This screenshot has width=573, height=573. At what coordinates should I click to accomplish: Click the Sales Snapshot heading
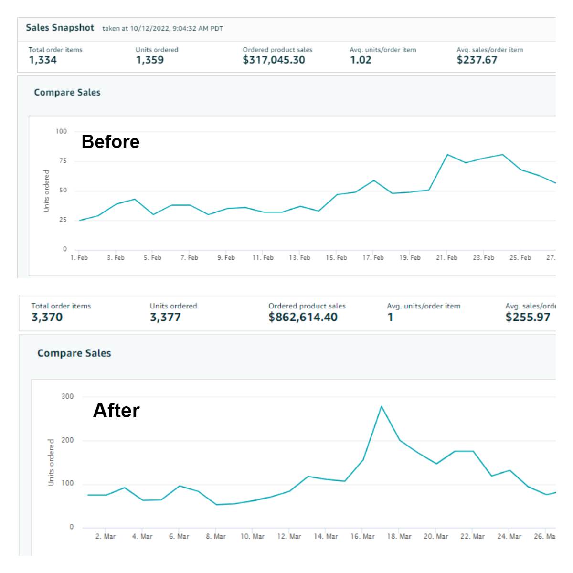pyautogui.click(x=60, y=28)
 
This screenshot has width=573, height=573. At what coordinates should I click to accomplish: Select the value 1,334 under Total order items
pyautogui.click(x=42, y=60)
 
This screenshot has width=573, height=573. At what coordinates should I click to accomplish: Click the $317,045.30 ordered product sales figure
pyautogui.click(x=274, y=60)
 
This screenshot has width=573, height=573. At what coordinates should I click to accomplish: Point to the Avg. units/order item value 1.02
pyautogui.click(x=361, y=60)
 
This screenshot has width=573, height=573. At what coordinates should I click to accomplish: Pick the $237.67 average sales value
pyautogui.click(x=477, y=60)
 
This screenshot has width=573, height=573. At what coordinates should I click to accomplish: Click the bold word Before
pyautogui.click(x=110, y=142)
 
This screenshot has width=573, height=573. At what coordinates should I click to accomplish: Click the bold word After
pyautogui.click(x=116, y=411)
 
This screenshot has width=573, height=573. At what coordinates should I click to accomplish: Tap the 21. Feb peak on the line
pyautogui.click(x=447, y=155)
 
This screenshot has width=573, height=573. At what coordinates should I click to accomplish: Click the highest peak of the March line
pyautogui.click(x=381, y=406)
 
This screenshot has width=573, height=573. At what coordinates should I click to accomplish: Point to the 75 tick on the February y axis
pyautogui.click(x=63, y=161)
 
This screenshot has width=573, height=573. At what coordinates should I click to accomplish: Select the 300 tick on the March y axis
pyautogui.click(x=67, y=396)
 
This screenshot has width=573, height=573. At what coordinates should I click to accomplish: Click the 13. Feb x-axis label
pyautogui.click(x=299, y=258)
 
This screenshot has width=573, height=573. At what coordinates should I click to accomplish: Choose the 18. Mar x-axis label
pyautogui.click(x=399, y=537)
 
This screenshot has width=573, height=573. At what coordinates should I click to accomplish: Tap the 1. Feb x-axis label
pyautogui.click(x=79, y=258)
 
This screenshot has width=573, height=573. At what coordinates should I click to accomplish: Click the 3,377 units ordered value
pyautogui.click(x=165, y=318)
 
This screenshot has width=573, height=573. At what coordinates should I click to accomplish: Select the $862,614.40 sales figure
pyautogui.click(x=303, y=318)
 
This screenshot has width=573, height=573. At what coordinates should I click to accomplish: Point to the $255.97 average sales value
pyautogui.click(x=528, y=318)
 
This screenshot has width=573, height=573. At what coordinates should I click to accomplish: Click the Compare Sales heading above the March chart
pyautogui.click(x=74, y=353)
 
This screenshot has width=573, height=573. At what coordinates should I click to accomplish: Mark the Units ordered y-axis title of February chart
pyautogui.click(x=46, y=191)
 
